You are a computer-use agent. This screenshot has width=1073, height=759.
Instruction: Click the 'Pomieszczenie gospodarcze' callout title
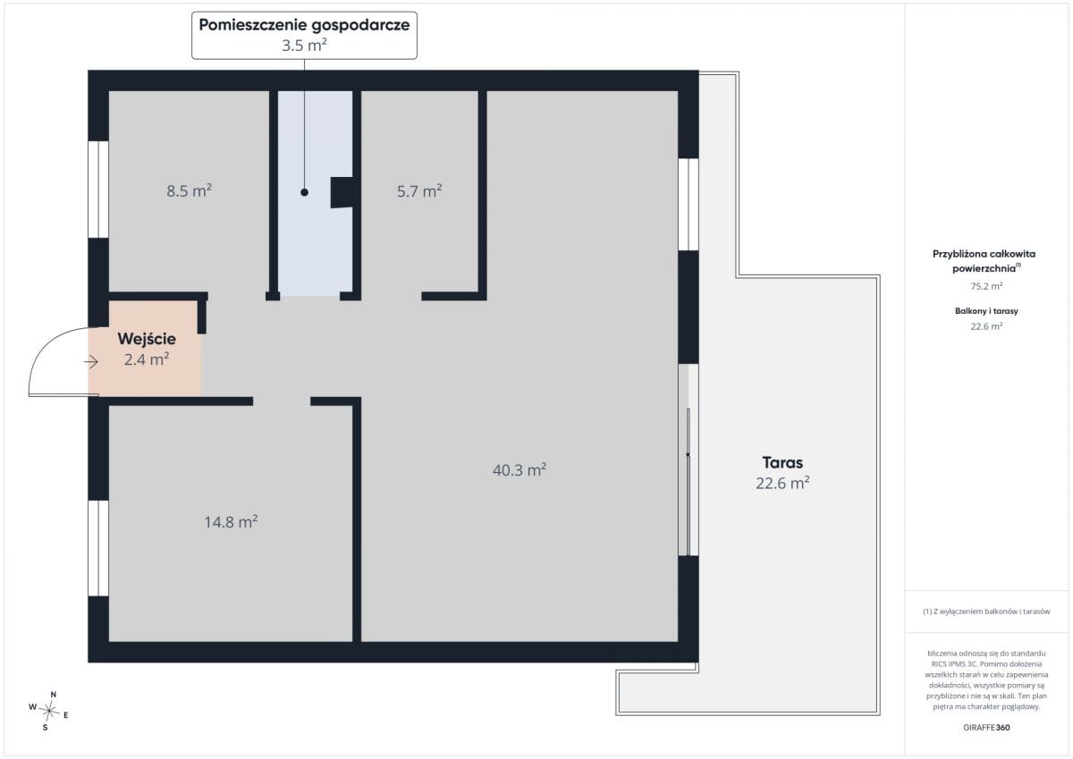tap(304, 25)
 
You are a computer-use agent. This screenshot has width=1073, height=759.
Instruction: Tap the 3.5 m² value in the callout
tap(304, 46)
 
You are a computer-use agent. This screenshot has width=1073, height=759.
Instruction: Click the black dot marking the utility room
tap(304, 192)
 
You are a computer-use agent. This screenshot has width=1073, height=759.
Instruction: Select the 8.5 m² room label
tap(190, 191)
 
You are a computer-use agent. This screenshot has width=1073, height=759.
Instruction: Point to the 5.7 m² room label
tap(419, 191)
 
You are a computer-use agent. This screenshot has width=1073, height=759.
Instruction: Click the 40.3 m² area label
tap(520, 469)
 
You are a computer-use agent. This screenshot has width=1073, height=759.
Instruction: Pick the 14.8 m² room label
tap(232, 521)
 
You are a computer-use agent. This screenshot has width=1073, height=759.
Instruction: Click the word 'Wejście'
tap(147, 339)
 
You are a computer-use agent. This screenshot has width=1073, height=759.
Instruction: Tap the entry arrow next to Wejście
tap(91, 362)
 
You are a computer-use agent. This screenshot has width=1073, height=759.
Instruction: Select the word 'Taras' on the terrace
tap(782, 462)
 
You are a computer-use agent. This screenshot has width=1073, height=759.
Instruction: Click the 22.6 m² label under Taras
tap(782, 483)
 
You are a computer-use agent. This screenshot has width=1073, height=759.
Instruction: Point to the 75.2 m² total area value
tap(986, 286)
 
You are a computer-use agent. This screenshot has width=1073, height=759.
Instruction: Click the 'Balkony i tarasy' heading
tap(986, 311)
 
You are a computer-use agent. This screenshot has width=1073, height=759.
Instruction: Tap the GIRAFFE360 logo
tap(986, 728)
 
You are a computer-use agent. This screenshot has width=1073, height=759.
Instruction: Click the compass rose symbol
tap(49, 711)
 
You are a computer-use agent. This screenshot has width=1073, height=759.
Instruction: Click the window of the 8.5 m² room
tap(98, 190)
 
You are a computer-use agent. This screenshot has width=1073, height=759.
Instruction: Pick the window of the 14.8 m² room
tap(98, 548)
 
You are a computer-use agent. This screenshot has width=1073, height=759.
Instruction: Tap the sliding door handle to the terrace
tap(688, 454)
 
